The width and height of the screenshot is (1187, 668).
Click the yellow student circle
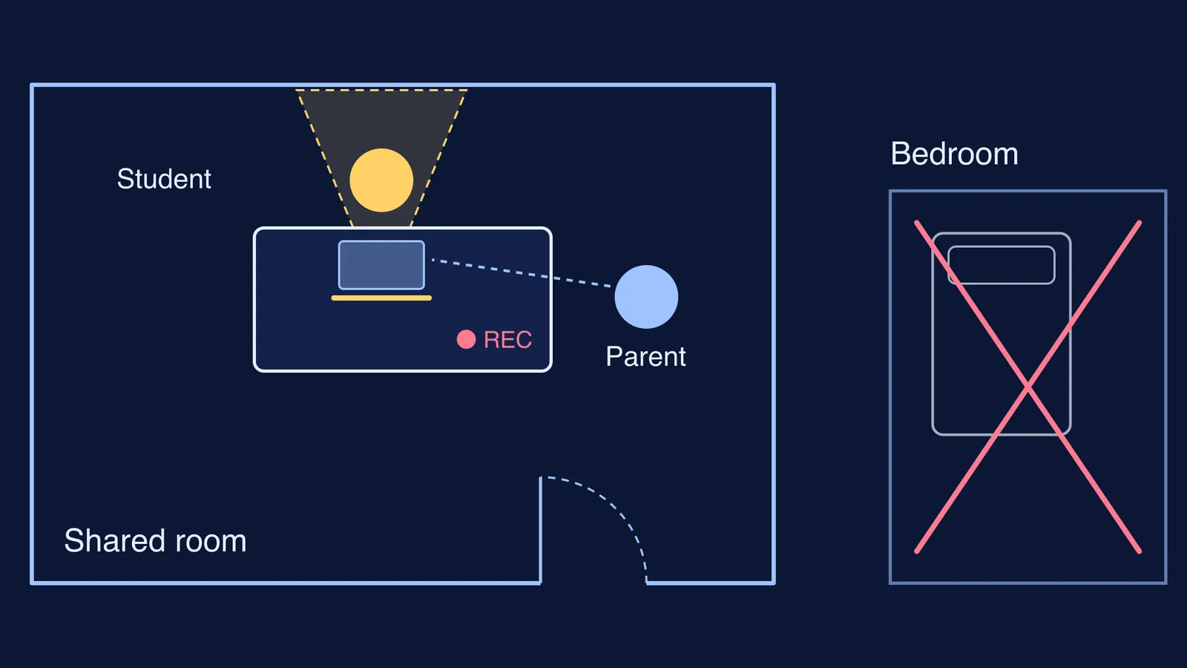(381, 180)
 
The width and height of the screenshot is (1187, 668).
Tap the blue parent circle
(646, 297)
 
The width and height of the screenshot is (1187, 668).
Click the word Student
(164, 179)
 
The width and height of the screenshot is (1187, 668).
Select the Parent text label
(645, 356)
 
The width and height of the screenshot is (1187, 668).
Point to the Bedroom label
(954, 154)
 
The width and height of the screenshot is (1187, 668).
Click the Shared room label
(155, 541)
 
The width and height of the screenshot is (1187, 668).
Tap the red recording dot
(467, 339)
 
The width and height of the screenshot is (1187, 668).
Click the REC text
(507, 340)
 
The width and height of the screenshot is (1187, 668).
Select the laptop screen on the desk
(381, 265)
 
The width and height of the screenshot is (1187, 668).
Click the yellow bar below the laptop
(381, 298)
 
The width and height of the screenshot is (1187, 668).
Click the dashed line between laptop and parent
(522, 273)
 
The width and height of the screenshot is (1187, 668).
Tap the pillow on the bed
(1002, 265)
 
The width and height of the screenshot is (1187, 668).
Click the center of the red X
(1028, 387)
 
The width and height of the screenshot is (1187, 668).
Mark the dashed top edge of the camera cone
(381, 90)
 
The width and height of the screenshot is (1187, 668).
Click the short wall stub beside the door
(541, 530)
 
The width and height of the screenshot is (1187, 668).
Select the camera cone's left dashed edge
(324, 158)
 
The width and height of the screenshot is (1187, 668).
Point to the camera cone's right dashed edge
(438, 158)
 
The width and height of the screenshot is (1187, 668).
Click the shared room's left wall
(32, 334)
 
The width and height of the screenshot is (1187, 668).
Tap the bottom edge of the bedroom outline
(1028, 583)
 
